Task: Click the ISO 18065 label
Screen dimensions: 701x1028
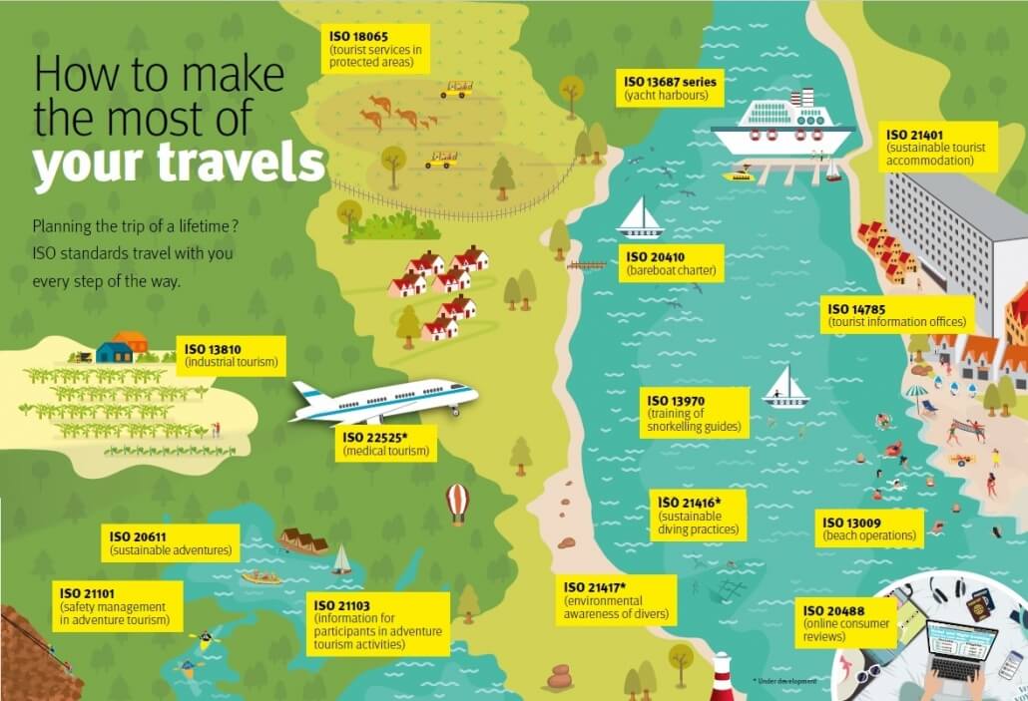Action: [x=377, y=49]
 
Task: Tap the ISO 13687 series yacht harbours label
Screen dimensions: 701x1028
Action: [x=670, y=89]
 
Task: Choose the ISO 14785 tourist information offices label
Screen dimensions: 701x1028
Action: [x=897, y=314]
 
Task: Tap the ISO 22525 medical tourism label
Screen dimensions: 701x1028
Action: [x=387, y=444]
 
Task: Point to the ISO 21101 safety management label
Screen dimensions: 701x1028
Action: [x=121, y=606]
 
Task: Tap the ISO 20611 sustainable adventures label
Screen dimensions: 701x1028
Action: [x=172, y=542]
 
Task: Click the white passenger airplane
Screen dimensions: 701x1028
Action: [x=383, y=401]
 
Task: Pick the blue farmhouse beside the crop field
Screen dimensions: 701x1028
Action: [x=114, y=351]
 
